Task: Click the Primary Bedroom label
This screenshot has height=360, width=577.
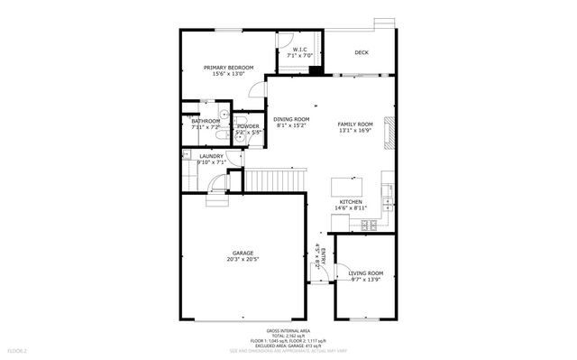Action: click(x=228, y=68)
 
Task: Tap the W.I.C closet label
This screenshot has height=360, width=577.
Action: click(x=298, y=50)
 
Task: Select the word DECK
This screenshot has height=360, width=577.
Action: click(x=362, y=52)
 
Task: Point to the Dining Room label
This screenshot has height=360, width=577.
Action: click(x=291, y=119)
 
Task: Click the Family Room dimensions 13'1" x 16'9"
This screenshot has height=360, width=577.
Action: click(x=355, y=130)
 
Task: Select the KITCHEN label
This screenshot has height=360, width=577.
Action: click(x=351, y=201)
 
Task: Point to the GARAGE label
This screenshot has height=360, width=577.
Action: click(x=243, y=253)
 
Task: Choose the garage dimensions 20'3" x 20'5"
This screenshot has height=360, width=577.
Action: click(x=243, y=260)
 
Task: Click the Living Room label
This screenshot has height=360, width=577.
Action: click(x=367, y=272)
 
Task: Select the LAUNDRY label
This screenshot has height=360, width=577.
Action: click(x=211, y=156)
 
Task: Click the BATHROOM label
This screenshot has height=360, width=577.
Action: click(x=206, y=121)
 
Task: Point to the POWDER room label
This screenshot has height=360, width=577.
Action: click(x=248, y=126)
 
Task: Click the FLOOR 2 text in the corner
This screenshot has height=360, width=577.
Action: click(x=18, y=350)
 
